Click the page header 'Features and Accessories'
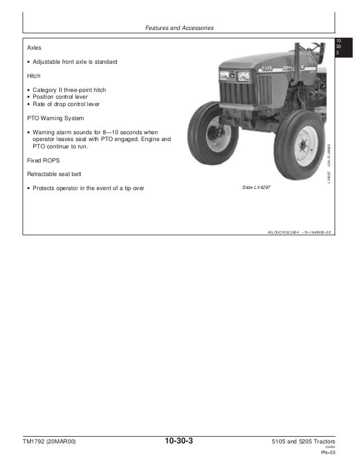[179, 28]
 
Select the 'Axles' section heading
[34, 48]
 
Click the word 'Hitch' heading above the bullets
[34, 76]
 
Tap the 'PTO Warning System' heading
[55, 118]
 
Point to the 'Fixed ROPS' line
[42, 160]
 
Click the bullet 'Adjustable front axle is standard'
[74, 61]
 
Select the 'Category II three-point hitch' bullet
[69, 90]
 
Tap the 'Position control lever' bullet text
[60, 97]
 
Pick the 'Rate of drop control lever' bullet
[66, 104]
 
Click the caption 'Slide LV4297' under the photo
[257, 187]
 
